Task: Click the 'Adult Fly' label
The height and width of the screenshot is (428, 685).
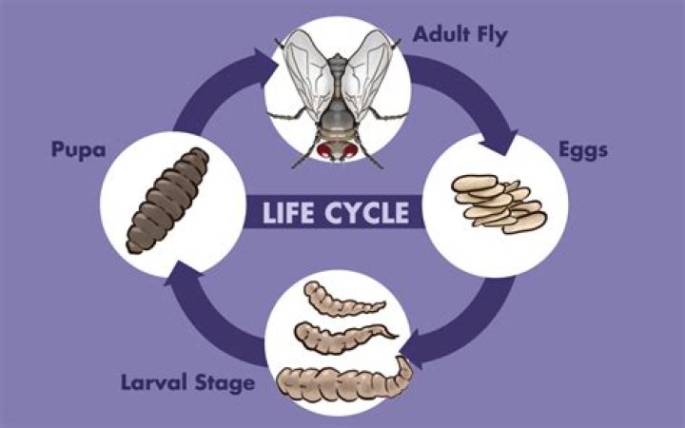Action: [460, 35]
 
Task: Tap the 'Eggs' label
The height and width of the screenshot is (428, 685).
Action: [583, 150]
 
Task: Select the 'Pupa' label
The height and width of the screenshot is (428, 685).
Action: [79, 150]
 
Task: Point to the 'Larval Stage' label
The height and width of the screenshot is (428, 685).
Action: [187, 383]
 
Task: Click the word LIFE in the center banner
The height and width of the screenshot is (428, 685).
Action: [288, 213]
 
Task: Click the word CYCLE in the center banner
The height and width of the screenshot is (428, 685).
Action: [367, 213]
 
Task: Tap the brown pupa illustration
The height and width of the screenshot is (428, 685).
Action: [167, 201]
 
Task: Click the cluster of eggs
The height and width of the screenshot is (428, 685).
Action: [499, 204]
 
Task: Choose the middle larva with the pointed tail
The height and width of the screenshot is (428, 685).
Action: [345, 338]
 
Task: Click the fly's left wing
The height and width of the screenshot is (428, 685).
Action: [308, 73]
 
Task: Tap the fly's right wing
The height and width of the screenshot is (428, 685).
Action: [367, 73]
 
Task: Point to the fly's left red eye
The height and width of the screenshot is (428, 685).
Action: [324, 151]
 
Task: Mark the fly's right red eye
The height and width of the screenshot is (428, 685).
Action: [350, 151]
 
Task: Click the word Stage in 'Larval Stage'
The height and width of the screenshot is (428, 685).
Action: [225, 383]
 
